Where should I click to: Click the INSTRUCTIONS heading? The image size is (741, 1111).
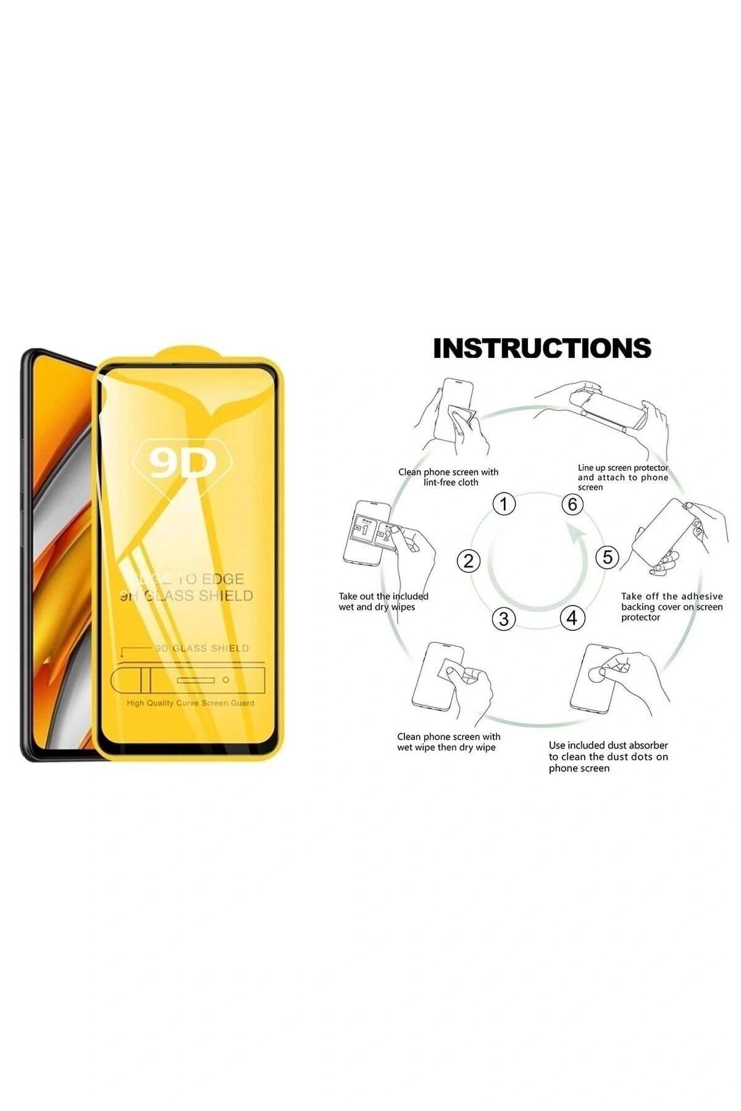pyautogui.click(x=542, y=348)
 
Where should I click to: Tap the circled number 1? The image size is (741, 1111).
pyautogui.click(x=504, y=504)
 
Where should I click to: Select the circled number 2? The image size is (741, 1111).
pyautogui.click(x=468, y=560)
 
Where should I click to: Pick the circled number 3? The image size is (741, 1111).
pyautogui.click(x=504, y=618)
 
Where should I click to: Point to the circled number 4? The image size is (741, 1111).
pyautogui.click(x=572, y=617)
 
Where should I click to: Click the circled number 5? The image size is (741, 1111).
pyautogui.click(x=608, y=557)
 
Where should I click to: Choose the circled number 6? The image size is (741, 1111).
pyautogui.click(x=572, y=504)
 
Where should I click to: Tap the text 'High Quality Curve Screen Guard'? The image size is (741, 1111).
pyautogui.click(x=190, y=703)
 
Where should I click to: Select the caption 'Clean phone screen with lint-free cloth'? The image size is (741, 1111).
pyautogui.click(x=448, y=477)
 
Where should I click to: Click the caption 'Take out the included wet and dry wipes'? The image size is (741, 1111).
pyautogui.click(x=383, y=602)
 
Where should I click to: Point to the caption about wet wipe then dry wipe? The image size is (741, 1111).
pyautogui.click(x=448, y=742)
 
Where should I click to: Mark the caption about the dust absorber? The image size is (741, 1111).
pyautogui.click(x=608, y=757)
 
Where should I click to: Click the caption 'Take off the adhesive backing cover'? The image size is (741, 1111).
pyautogui.click(x=672, y=607)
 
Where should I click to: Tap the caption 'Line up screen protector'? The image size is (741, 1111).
pyautogui.click(x=622, y=477)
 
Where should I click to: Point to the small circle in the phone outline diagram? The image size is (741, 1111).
pyautogui.click(x=226, y=680)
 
